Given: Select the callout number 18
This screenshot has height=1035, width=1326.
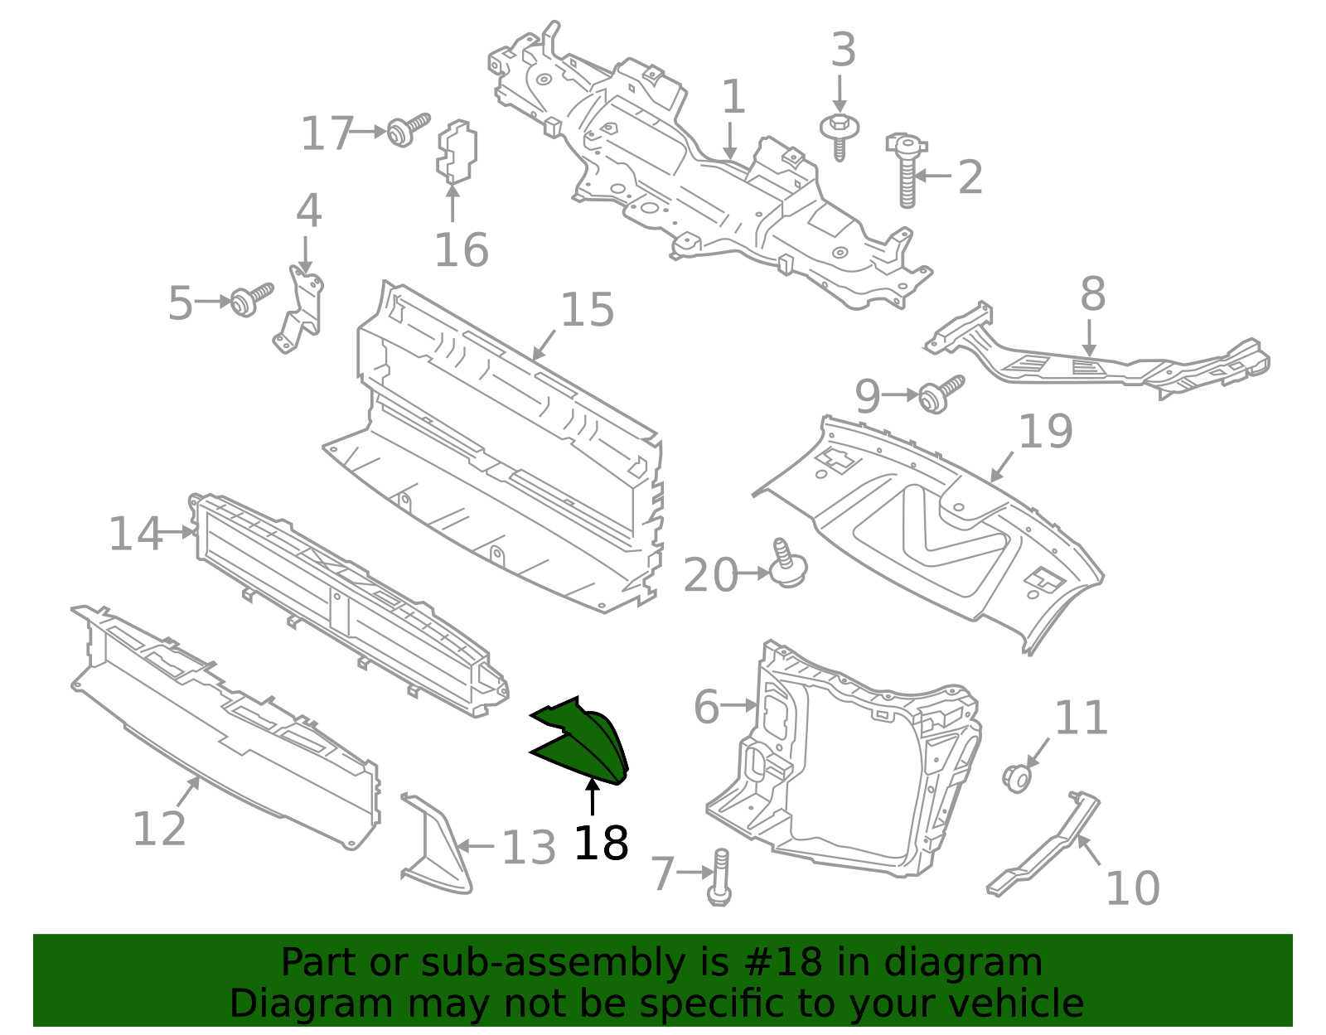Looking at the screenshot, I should click(x=601, y=844).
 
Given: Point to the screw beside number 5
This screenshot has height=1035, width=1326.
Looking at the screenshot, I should click(x=250, y=299).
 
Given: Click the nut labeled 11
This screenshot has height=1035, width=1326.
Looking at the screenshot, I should click(x=1017, y=778).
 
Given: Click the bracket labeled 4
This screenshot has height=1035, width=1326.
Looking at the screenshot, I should click(x=299, y=311).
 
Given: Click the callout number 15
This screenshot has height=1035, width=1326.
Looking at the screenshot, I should click(x=587, y=311).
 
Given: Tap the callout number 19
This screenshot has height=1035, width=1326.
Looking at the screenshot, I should click(x=1045, y=432).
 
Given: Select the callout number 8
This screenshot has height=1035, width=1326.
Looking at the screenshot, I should click(x=1093, y=294).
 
